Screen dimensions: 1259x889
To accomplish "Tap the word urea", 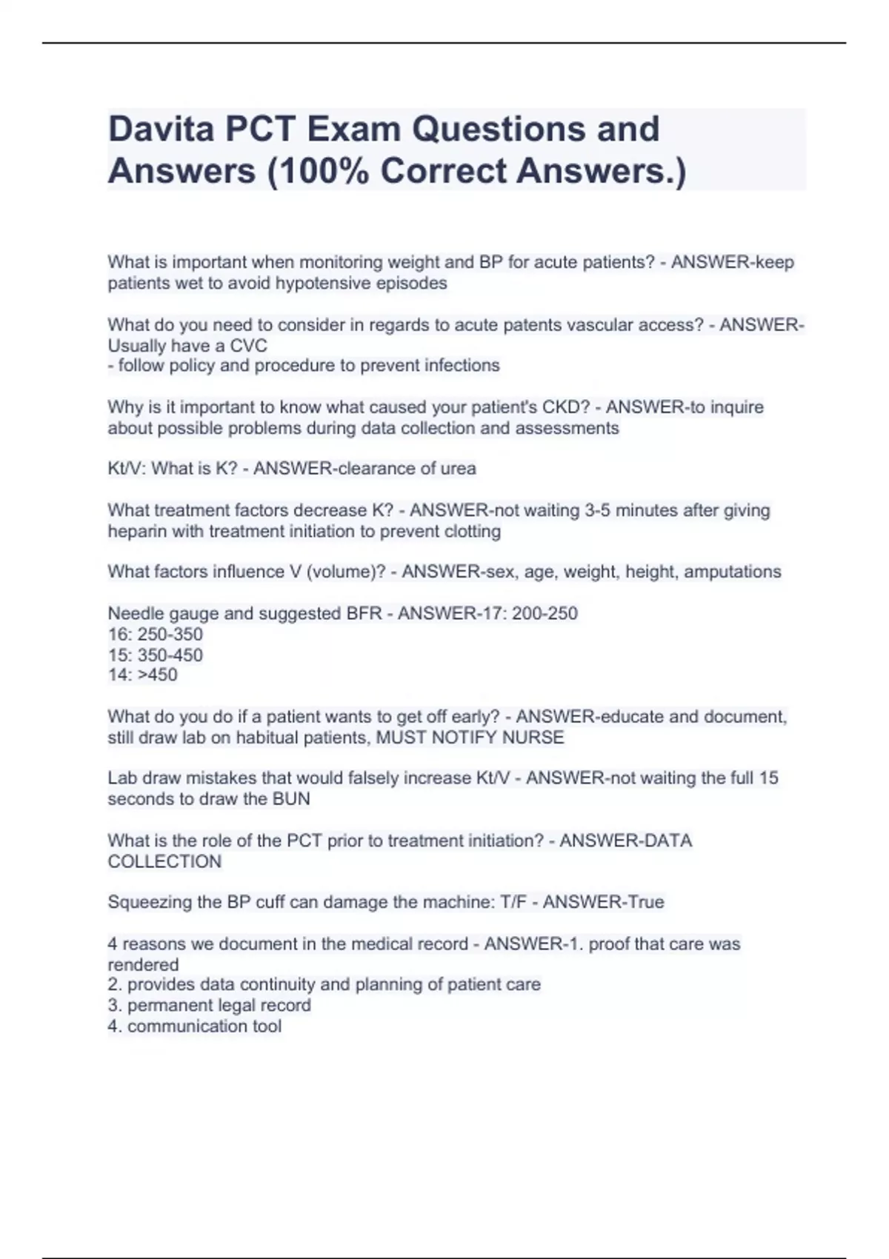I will coord(457,469).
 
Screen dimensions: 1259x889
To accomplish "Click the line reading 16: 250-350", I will coord(155,634).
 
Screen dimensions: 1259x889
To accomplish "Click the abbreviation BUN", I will coord(291,799).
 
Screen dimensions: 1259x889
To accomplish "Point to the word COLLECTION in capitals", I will coord(164,861).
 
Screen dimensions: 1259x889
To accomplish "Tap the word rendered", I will coord(143,964).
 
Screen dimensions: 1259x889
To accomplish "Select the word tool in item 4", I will coord(266,1026).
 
